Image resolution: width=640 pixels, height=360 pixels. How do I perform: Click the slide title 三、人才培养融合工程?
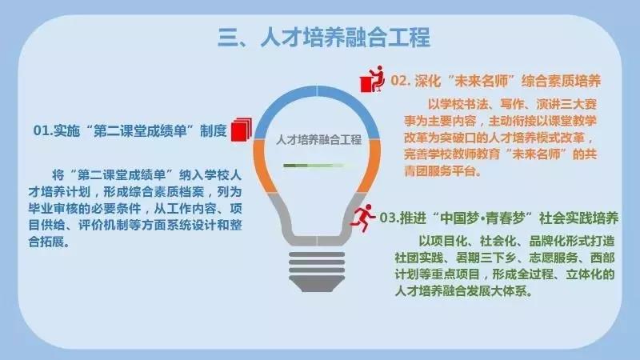pos(324,38)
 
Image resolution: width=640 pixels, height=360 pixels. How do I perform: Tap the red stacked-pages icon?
pos(242,130)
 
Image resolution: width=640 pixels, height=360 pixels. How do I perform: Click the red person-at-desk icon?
pos(372,78)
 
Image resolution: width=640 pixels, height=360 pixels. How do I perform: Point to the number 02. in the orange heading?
pos(401,81)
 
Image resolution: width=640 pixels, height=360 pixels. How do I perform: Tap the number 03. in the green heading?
pos(390,218)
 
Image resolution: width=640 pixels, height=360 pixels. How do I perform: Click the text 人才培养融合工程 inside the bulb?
pos(318,139)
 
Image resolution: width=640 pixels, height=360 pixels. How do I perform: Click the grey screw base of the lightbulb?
pos(317,271)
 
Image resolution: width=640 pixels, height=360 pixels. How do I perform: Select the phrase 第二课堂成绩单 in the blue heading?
pos(139,130)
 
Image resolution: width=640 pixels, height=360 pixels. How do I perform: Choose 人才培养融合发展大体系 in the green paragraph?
pos(461,291)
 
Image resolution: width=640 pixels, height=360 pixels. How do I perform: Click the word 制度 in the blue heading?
pos(213,130)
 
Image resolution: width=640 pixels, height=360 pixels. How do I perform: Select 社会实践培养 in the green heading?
pos(578,218)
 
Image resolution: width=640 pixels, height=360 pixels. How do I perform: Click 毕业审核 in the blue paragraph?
pos(52,208)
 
